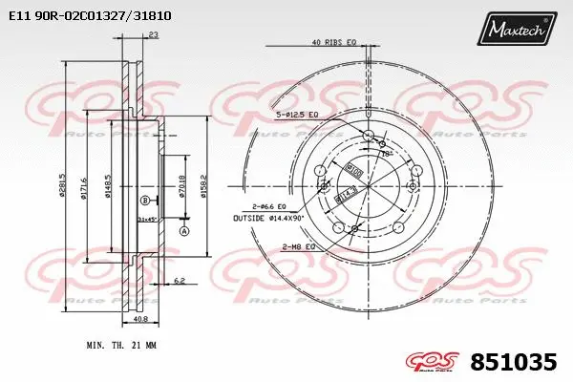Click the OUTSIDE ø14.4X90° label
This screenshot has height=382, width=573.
[x=270, y=218]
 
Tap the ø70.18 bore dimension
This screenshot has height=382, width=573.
[x=181, y=181]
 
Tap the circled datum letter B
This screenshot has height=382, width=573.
[x=144, y=200]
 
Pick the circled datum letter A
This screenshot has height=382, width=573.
[x=183, y=231]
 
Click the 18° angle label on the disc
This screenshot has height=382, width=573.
[x=385, y=152]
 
